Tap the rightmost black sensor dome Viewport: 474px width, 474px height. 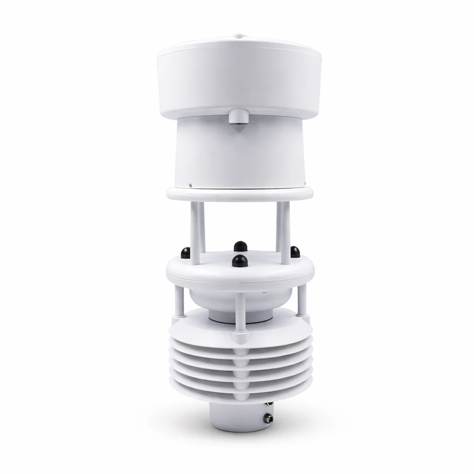pyautogui.click(x=295, y=251)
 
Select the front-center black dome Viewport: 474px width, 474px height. pyautogui.click(x=239, y=261)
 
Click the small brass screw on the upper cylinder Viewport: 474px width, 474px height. pyautogui.click(x=191, y=185)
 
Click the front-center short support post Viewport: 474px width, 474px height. pyautogui.click(x=240, y=315)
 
